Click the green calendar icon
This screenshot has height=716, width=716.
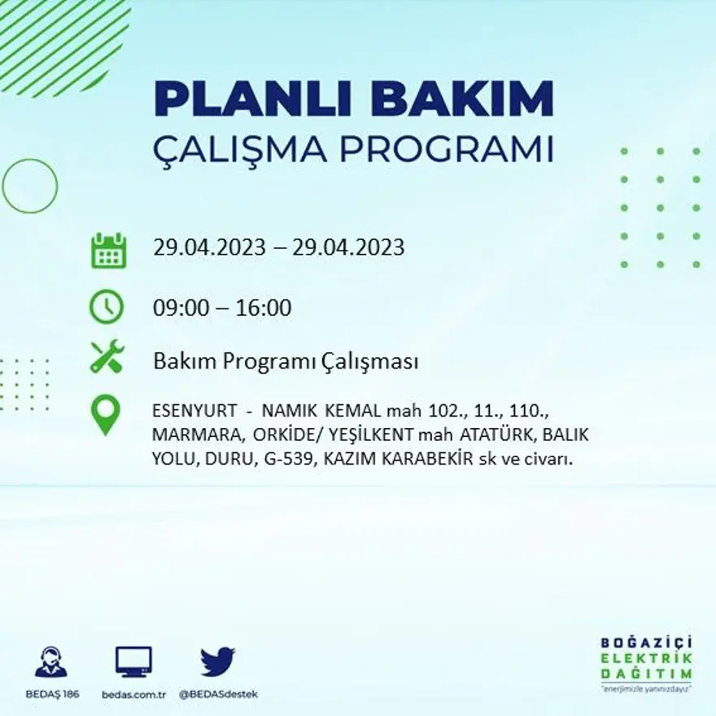click(x=107, y=251)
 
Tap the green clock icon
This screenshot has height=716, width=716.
click(x=107, y=308)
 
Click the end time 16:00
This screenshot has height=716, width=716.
click(x=264, y=308)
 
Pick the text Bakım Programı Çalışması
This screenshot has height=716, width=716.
click(x=286, y=362)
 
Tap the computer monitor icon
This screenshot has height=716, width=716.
click(x=133, y=661)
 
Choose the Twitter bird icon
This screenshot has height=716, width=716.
click(x=217, y=661)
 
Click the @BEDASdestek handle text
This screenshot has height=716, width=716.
click(x=218, y=694)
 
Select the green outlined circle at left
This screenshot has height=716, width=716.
click(x=30, y=186)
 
